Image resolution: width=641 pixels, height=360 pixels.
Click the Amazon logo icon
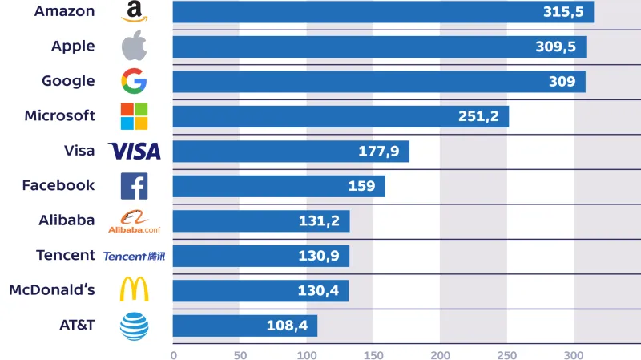[134, 11]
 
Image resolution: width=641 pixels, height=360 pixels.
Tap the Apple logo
[134, 47]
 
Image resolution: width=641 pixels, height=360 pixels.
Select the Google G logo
[134, 81]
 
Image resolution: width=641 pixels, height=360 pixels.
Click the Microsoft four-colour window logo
[134, 116]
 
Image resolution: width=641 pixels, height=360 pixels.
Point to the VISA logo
[135, 151]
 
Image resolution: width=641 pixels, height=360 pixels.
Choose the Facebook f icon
[134, 186]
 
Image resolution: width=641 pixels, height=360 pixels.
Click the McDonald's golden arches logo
[134, 290]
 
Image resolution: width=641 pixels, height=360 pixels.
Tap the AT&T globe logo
[134, 326]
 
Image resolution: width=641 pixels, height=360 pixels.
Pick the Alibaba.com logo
[134, 221]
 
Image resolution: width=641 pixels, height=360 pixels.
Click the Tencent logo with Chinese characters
[133, 256]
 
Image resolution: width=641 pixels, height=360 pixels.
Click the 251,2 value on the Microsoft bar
[478, 117]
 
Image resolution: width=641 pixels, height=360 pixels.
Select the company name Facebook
[58, 185]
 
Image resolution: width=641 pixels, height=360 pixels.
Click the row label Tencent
[66, 255]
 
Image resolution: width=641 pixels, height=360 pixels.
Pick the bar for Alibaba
[260, 221]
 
